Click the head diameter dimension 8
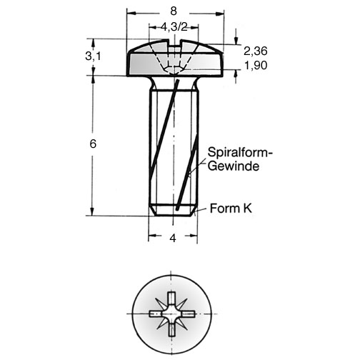(174, 11)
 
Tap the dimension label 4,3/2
(174, 27)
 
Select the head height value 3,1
(93, 56)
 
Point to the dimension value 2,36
(256, 51)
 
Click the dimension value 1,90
(256, 65)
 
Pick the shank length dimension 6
(93, 144)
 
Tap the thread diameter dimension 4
(173, 238)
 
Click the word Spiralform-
(240, 152)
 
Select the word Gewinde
(234, 166)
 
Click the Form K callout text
(231, 209)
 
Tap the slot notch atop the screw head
(174, 43)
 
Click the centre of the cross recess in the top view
(172, 314)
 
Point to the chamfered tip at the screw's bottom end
(174, 211)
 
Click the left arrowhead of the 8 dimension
(131, 14)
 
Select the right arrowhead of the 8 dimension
(220, 14)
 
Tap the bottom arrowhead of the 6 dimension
(93, 211)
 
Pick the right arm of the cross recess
(187, 314)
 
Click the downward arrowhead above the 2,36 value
(236, 40)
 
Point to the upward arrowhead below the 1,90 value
(236, 74)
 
